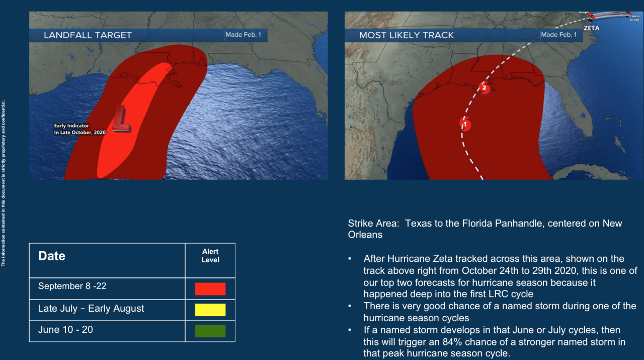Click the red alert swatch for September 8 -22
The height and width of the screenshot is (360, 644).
click(x=210, y=289)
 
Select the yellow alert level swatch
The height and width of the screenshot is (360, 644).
click(x=210, y=310)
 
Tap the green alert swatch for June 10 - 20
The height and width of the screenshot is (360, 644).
click(x=210, y=331)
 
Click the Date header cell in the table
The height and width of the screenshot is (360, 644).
click(x=52, y=256)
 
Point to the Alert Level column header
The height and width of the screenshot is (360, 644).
click(x=210, y=256)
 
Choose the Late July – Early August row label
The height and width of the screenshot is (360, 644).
click(x=91, y=309)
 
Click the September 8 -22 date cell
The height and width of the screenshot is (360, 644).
click(x=72, y=286)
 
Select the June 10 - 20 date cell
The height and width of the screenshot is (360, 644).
click(x=65, y=330)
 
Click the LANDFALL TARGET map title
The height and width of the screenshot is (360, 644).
click(x=88, y=35)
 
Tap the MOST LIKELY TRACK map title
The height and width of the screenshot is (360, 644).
click(x=407, y=35)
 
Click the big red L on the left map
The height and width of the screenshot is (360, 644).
click(x=121, y=118)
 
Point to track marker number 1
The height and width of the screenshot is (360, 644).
click(x=465, y=124)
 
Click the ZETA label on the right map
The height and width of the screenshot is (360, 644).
click(x=591, y=28)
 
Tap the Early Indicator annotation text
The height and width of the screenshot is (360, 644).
click(x=79, y=129)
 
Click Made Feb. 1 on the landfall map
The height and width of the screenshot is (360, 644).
click(x=243, y=35)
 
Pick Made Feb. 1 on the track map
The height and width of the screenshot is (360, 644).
click(x=559, y=35)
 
